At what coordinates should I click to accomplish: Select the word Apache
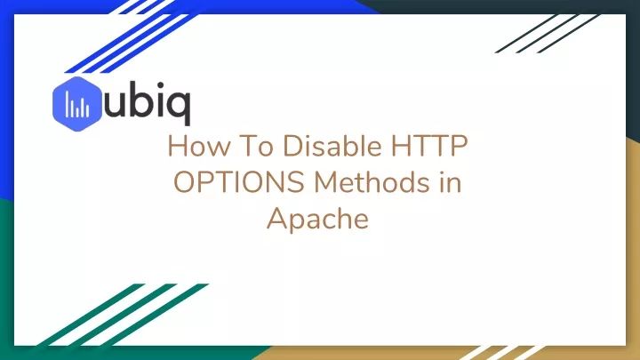(317, 218)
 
